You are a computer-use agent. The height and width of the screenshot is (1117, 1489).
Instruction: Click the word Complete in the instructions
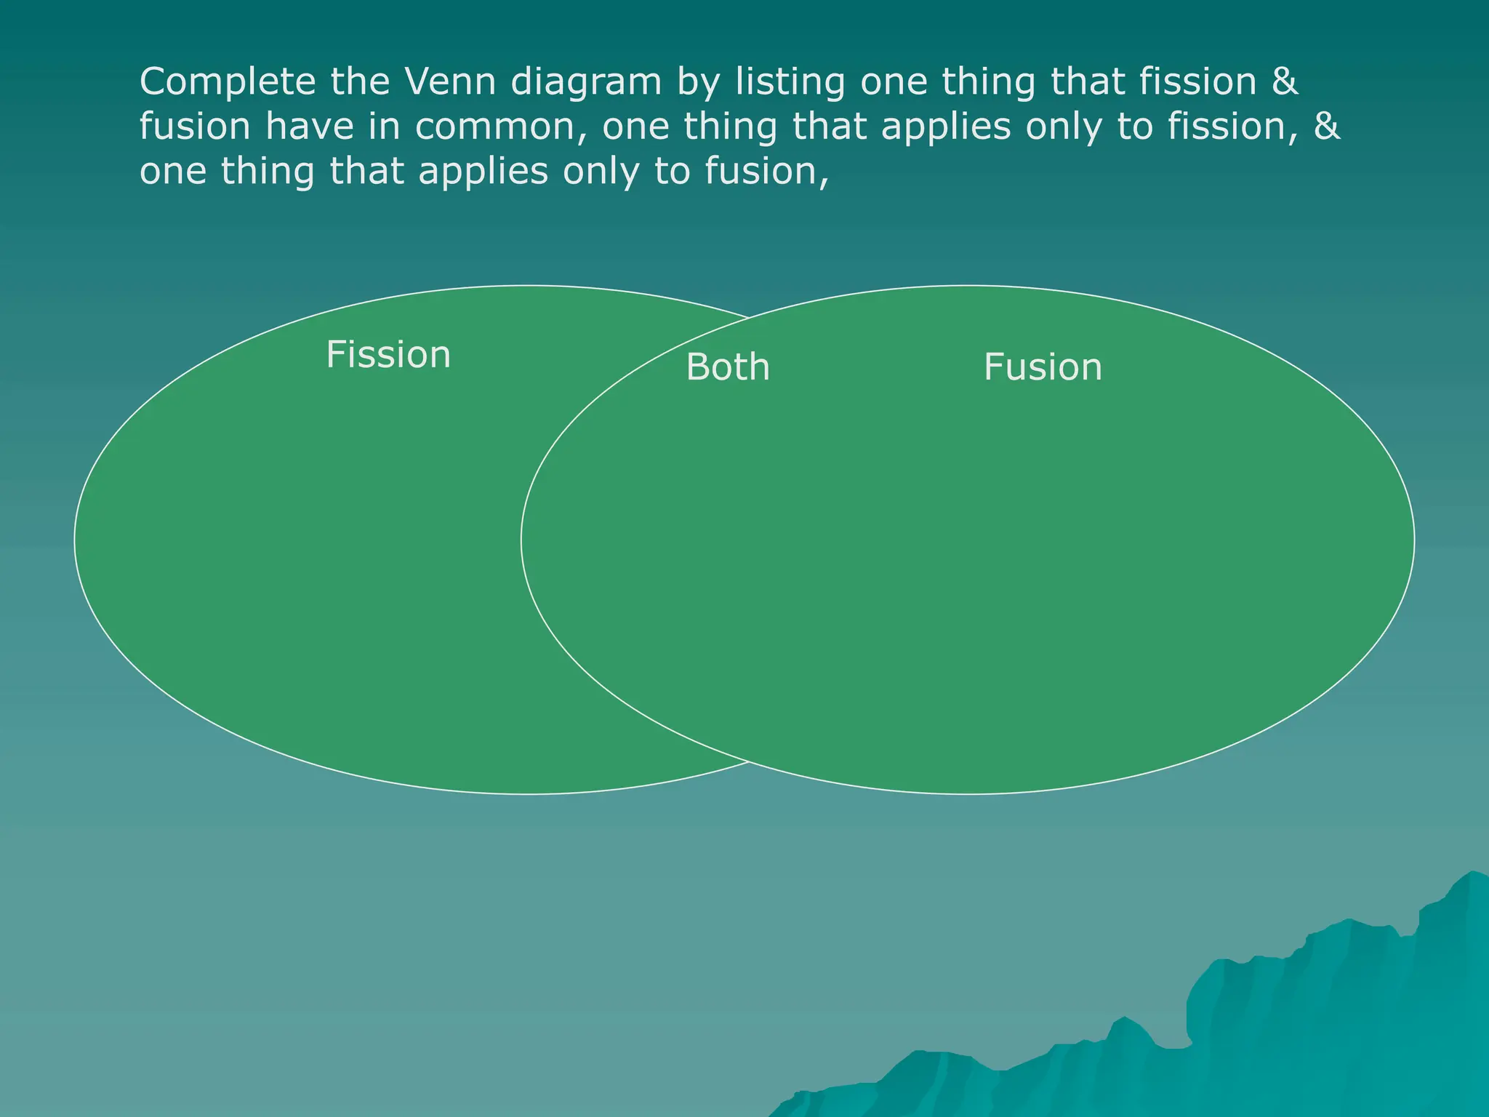[228, 82]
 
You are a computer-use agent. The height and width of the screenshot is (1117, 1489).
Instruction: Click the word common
[497, 127]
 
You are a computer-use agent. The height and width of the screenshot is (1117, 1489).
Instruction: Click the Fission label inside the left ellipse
[388, 355]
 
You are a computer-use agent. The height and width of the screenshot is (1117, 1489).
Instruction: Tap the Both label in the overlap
[728, 367]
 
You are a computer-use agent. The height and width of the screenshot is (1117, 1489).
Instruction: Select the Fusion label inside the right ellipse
[1043, 367]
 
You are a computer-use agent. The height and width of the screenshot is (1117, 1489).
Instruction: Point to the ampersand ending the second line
[1327, 126]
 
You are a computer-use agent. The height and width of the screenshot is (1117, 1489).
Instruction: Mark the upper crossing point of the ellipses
[749, 318]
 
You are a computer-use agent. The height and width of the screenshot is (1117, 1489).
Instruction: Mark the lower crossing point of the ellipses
[749, 761]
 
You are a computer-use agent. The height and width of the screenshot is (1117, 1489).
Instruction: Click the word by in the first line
[696, 82]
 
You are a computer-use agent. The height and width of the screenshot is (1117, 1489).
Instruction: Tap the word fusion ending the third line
[766, 172]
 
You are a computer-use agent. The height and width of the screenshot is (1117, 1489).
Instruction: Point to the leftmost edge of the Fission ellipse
[75, 540]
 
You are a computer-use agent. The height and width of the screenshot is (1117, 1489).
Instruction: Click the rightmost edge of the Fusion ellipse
[1414, 540]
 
